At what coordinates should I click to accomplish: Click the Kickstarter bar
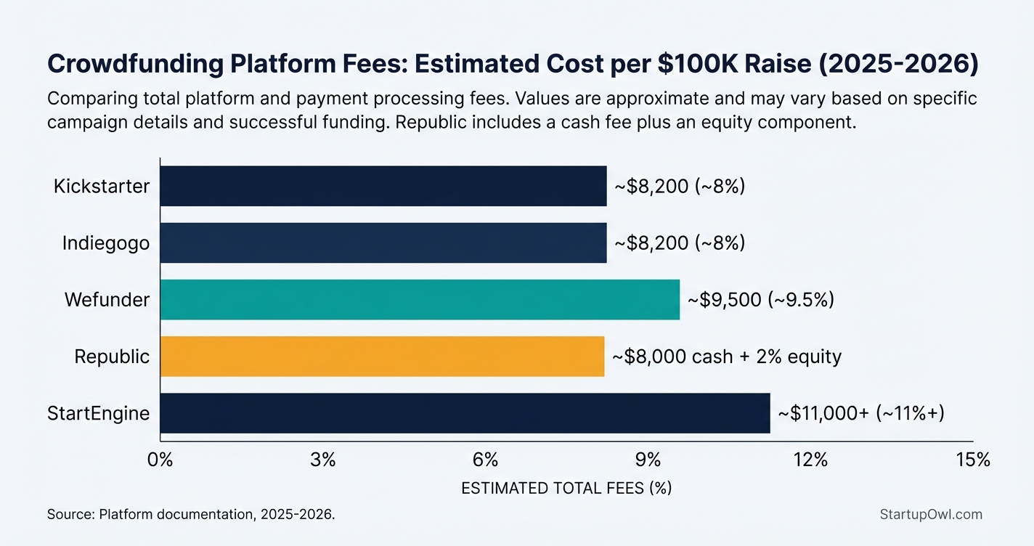(383, 186)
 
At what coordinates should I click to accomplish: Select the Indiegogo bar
(383, 243)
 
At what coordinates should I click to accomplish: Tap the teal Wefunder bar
(419, 299)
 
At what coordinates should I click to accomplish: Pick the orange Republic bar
(381, 356)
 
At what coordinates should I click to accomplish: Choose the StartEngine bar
(464, 413)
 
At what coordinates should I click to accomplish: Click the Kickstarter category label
(102, 186)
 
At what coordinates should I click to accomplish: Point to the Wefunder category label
(107, 299)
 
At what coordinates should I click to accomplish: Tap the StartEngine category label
(98, 413)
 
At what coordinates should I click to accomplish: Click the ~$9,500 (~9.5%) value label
(760, 299)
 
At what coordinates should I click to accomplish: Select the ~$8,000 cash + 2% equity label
(726, 356)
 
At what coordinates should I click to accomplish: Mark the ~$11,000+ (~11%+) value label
(860, 413)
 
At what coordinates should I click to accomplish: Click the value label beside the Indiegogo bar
(680, 243)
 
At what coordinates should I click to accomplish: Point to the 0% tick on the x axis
(160, 460)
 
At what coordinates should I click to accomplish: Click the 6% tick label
(485, 460)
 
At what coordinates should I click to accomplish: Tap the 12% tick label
(810, 460)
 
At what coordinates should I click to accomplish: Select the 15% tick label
(973, 460)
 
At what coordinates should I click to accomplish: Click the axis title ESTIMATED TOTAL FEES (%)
(566, 489)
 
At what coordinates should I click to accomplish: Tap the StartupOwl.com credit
(930, 514)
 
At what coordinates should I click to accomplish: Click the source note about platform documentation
(191, 514)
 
